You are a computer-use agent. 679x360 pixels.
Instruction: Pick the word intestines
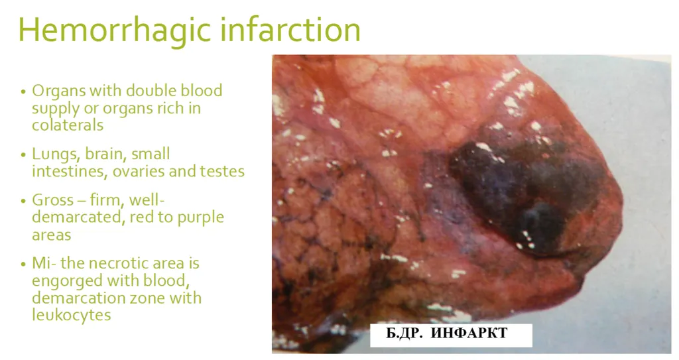[64, 172]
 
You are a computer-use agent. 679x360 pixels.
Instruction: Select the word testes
[222, 172]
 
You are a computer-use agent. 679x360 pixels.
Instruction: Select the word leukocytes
[71, 316]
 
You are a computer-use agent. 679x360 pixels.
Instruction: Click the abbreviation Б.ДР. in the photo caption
[404, 333]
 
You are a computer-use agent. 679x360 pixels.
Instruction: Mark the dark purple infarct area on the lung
[524, 192]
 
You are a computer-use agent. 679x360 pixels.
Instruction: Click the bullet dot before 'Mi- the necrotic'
[23, 265]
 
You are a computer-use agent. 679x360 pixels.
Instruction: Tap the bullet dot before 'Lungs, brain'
[23, 155]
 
